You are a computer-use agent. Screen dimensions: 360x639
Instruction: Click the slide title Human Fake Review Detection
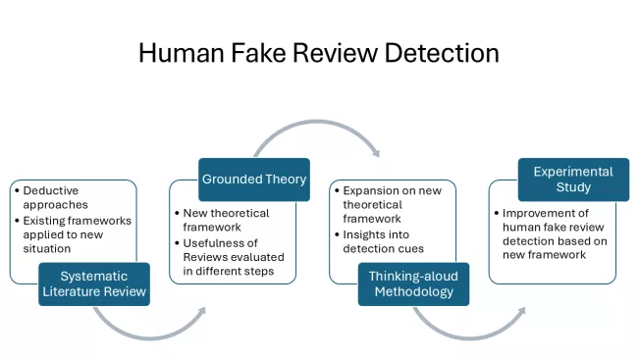[319, 52]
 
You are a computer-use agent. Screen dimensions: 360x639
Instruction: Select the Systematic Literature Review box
[94, 283]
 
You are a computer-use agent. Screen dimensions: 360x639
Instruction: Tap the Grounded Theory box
[254, 180]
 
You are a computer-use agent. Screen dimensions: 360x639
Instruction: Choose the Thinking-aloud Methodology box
[413, 283]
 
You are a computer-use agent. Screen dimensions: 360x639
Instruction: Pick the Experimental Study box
[572, 180]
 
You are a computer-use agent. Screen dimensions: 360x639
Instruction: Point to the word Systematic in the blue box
[94, 276]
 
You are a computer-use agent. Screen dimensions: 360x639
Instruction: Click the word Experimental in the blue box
[572, 172]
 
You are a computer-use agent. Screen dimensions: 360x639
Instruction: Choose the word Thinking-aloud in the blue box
[413, 276]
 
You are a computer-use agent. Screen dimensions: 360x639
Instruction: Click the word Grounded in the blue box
[232, 180]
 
